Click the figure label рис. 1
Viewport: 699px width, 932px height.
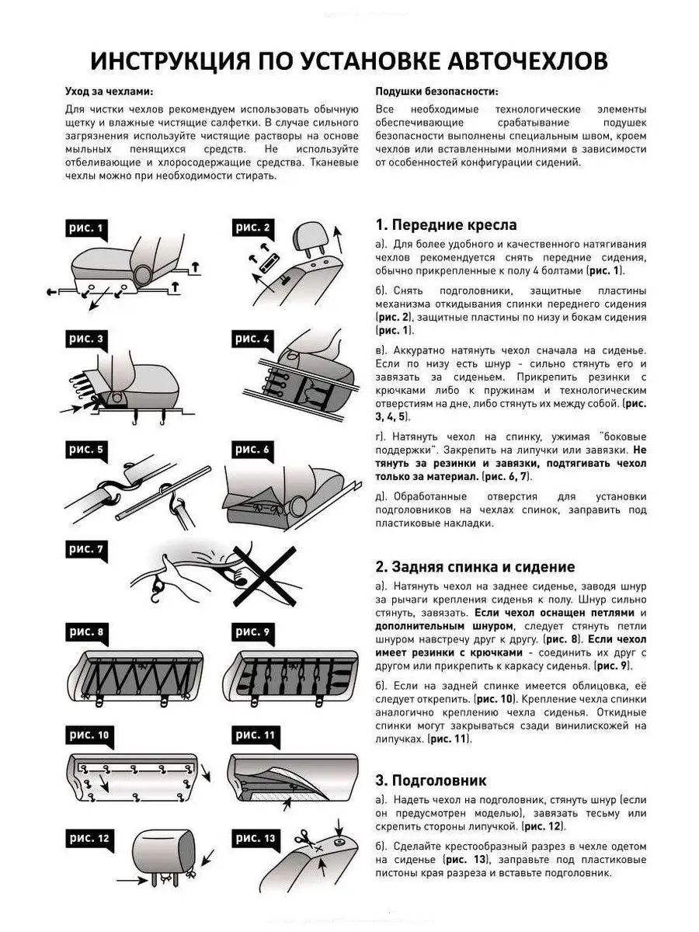tap(86, 228)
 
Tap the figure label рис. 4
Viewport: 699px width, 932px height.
tap(254, 339)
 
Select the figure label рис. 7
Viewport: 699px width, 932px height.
tap(86, 549)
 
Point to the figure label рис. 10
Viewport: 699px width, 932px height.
tap(89, 735)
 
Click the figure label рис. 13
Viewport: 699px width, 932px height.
tap(256, 838)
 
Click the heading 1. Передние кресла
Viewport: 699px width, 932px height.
tap(446, 225)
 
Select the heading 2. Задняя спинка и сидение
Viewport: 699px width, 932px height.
tap(475, 567)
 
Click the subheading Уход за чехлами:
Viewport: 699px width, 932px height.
tap(109, 91)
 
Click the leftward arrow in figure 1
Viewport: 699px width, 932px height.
tap(54, 291)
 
